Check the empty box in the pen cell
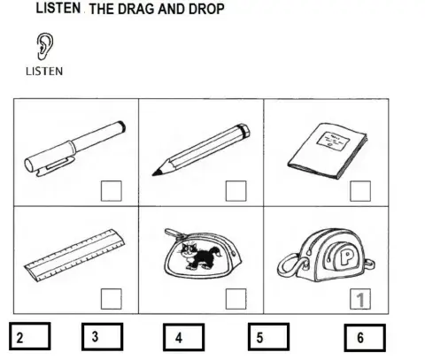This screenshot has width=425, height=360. click(x=111, y=191)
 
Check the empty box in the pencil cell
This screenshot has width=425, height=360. click(x=235, y=191)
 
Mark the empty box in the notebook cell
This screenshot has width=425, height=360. click(x=359, y=191)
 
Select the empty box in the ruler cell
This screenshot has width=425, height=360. click(x=111, y=299)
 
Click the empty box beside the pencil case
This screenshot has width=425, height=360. click(x=235, y=299)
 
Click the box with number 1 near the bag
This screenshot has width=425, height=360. click(x=359, y=299)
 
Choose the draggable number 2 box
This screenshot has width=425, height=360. click(x=28, y=337)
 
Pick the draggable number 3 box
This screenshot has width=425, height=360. click(x=104, y=337)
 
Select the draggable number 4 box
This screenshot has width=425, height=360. click(x=183, y=337)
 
